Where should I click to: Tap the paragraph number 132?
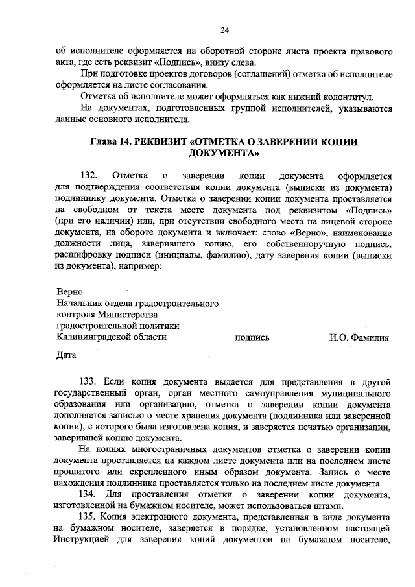coord(89,176)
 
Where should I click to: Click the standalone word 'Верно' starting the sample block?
coord(70,292)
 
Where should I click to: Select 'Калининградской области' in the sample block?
coord(112,337)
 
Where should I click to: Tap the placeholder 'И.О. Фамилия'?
coord(359,337)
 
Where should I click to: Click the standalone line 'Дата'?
coord(66,355)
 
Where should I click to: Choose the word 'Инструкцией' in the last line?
coord(81,540)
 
